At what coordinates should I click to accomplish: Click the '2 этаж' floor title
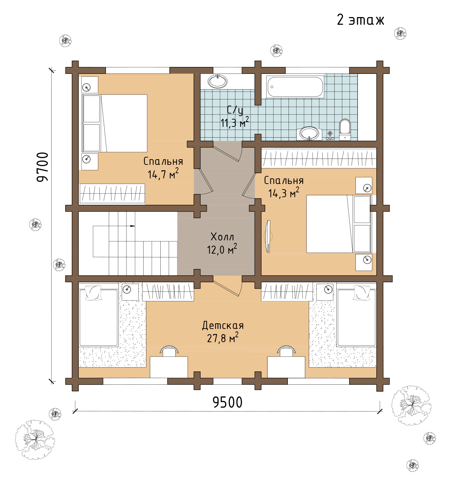tap(360, 20)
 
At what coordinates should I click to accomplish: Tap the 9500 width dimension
tap(228, 402)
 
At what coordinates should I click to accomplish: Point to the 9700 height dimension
tap(43, 167)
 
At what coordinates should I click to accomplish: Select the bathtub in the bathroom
tap(295, 87)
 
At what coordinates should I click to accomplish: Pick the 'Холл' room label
tap(222, 237)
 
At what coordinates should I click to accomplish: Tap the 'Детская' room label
tap(223, 325)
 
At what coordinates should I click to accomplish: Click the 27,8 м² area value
tap(223, 338)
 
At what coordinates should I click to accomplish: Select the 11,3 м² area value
tap(235, 122)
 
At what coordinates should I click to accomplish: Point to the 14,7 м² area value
tap(163, 174)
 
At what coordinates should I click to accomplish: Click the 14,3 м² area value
tap(284, 193)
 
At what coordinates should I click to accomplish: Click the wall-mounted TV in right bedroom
tap(268, 236)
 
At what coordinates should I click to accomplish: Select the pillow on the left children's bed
tap(93, 292)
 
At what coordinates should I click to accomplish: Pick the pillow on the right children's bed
tap(362, 292)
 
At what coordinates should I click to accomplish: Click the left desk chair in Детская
tap(169, 351)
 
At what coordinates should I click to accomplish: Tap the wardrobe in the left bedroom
tap(112, 193)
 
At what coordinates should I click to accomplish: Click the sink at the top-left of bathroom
tap(218, 81)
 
